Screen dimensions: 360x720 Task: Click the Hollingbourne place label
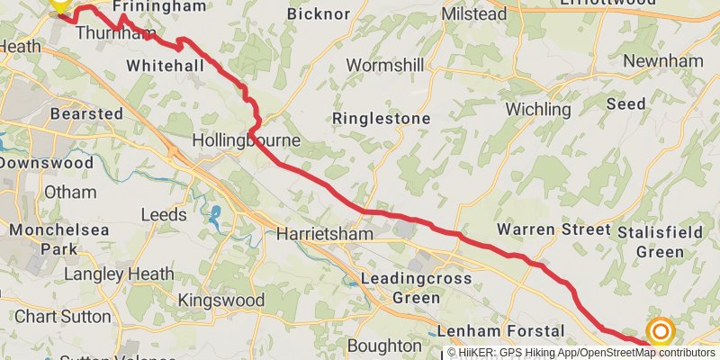point(246,141)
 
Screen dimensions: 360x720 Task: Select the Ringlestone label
point(381,119)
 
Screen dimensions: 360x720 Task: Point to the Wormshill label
point(385,67)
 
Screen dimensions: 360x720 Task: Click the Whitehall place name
point(166,66)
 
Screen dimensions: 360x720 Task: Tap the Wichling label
point(538,110)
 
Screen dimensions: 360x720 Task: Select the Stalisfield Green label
point(661,241)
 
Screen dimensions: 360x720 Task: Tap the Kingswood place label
point(220,300)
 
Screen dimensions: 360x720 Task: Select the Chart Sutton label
point(62,317)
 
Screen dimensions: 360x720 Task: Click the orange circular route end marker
point(661,332)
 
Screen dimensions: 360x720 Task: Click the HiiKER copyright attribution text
point(580,353)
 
